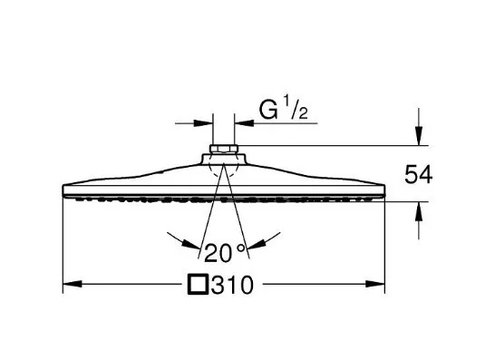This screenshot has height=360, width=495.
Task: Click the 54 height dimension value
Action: click(418, 175)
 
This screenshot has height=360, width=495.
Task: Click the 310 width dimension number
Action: click(232, 285)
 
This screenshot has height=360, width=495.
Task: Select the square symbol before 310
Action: click(198, 285)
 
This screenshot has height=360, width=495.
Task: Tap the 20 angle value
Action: click(218, 253)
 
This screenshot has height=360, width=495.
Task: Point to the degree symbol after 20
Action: click(240, 248)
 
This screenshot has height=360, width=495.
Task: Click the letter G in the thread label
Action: click(268, 111)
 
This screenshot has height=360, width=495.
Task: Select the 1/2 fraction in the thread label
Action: click(296, 108)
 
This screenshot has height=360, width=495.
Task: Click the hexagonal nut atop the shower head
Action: click(224, 149)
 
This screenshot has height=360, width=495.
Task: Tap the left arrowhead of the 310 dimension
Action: click(73, 284)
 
